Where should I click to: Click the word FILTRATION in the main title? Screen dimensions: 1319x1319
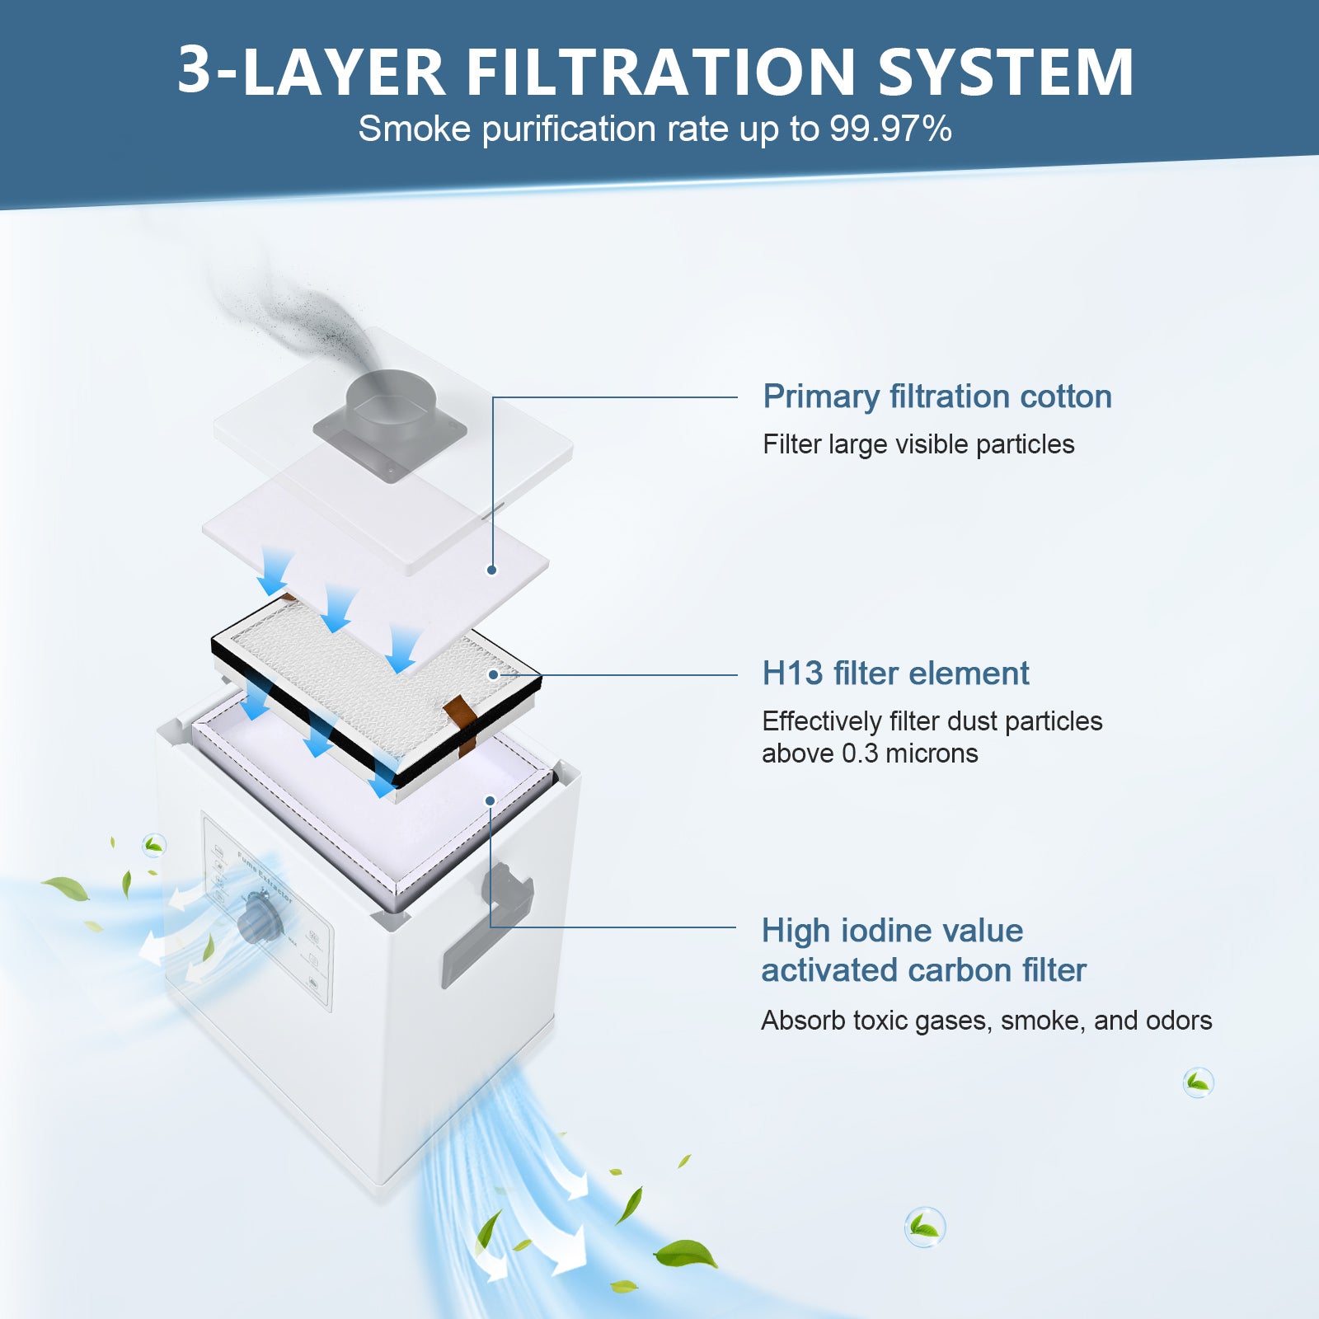pos(661,73)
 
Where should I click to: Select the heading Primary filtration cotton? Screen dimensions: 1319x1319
pos(936,397)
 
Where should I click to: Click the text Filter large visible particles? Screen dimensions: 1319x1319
pos(918,444)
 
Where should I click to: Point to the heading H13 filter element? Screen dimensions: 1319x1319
pos(894,674)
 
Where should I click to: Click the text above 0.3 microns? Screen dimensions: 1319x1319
pos(869,753)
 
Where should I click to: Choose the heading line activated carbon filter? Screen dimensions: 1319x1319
pos(923,970)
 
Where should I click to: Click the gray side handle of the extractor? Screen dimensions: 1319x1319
pos(508,890)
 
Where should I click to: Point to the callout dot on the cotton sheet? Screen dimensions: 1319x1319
pos(491,570)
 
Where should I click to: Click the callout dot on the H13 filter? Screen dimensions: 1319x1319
pos(493,674)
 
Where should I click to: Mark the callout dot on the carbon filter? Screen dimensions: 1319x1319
pos(490,800)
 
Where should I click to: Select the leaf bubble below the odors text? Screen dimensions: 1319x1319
pos(1198,1082)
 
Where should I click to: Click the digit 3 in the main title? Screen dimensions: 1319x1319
pos(195,73)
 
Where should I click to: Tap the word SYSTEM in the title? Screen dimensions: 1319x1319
pos(1006,73)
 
